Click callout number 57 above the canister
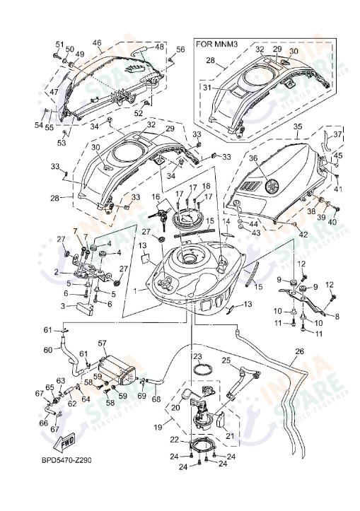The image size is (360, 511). pos(102,343)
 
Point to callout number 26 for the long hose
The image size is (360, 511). pos(299,351)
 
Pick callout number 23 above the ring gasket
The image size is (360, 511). pos(198,356)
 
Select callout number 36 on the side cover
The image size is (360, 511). pos(253,158)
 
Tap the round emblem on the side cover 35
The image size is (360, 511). pos(270,189)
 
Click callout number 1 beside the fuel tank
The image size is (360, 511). pos(146,288)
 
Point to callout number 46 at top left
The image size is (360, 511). pos(97,42)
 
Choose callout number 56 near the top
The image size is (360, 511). pos(180,49)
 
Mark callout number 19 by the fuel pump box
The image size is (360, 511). pos(156,428)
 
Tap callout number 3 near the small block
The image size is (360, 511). pos(62,306)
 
